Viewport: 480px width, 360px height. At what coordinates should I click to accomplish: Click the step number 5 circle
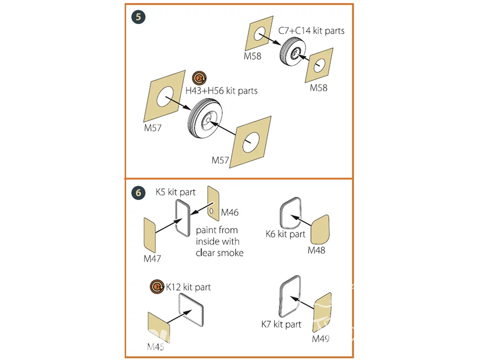[x=139, y=17]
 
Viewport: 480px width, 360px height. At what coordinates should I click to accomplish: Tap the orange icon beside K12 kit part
[x=156, y=287]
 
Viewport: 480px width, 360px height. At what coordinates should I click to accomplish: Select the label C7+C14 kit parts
[x=312, y=31]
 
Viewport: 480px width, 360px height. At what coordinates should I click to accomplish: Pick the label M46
[x=229, y=212]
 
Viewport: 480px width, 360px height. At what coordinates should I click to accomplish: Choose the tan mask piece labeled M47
[x=150, y=235]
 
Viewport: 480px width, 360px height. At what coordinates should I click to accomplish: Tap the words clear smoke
[x=219, y=252]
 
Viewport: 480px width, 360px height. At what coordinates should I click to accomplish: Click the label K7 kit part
[x=281, y=324]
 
